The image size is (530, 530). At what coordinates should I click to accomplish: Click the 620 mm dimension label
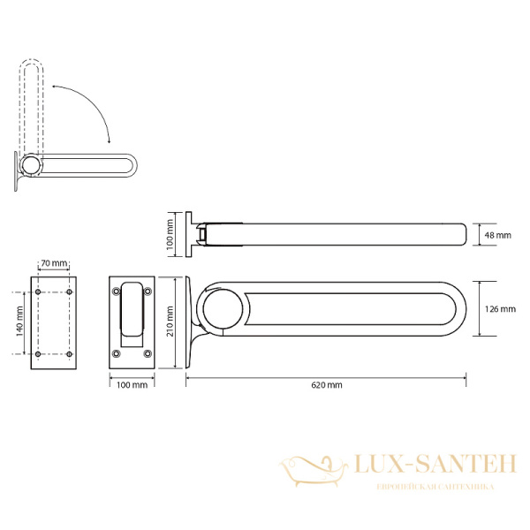tap(327, 385)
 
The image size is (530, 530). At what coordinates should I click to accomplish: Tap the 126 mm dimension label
tap(500, 309)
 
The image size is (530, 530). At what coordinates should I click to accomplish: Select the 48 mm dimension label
tap(498, 235)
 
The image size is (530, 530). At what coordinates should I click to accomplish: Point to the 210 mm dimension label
tap(170, 322)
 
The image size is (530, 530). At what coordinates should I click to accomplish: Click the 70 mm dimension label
tap(54, 263)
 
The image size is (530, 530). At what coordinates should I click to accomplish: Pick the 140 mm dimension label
tap(19, 322)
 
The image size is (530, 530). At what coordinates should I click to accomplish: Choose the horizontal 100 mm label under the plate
tap(132, 385)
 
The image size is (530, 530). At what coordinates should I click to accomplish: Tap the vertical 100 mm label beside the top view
tap(170, 235)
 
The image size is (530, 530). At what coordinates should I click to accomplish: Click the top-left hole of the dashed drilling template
tap(38, 291)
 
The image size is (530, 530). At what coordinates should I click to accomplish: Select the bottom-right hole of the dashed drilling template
tap(69, 354)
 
